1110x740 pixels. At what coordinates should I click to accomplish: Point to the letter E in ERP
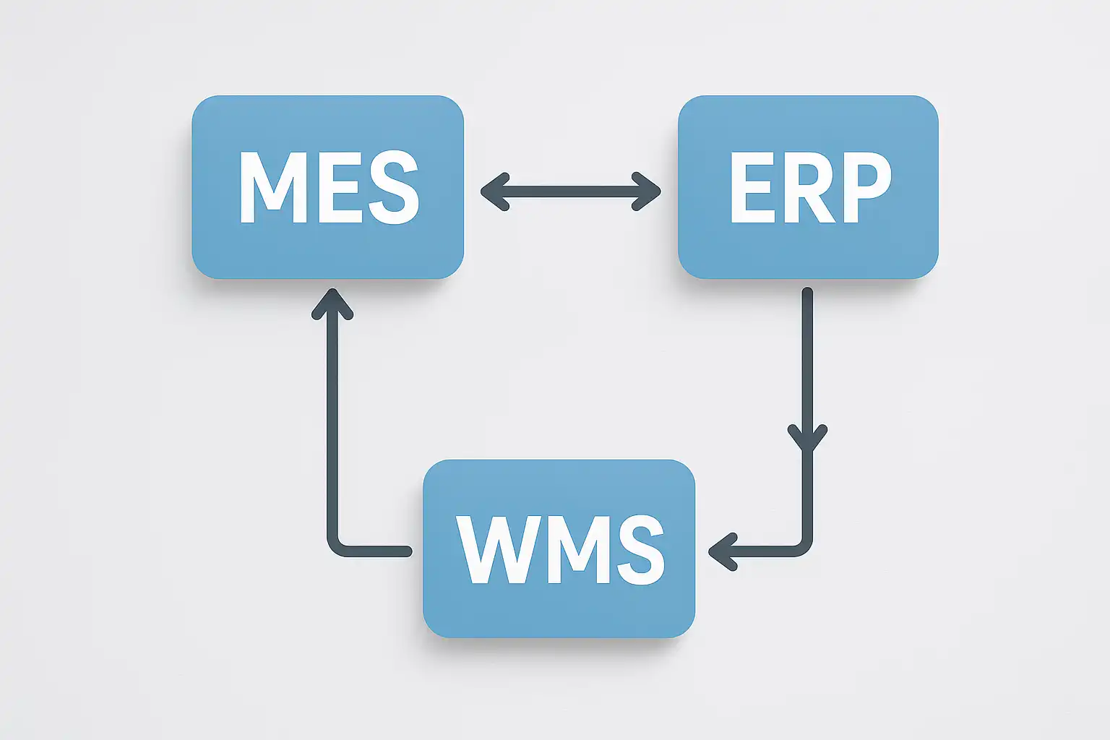(752, 188)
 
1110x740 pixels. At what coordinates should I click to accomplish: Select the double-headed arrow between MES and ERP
(571, 192)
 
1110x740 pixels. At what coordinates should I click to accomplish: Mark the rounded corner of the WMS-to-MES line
(335, 546)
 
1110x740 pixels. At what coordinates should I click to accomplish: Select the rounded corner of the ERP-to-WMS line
(804, 546)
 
